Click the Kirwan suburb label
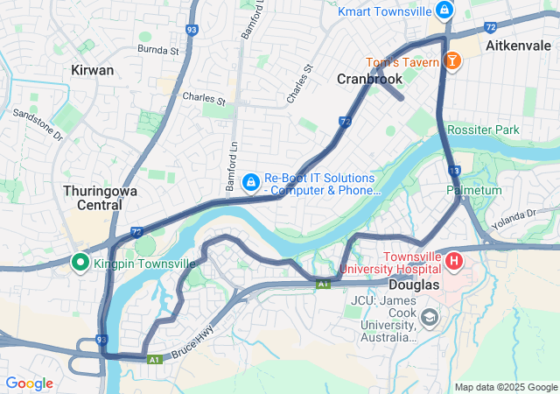pos(92,69)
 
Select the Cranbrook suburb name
pos(369,79)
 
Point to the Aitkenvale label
pos(516,44)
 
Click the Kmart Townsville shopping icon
pos(444,11)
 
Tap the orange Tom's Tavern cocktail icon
pos(452,60)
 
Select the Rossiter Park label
pos(483,130)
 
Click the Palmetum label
pos(473,190)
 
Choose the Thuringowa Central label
pos(92,197)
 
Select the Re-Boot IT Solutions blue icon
pos(250,182)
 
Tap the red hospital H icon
pos(454,261)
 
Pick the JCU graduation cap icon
pos(429,317)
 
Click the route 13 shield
pos(453,171)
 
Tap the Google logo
pos(29,383)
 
